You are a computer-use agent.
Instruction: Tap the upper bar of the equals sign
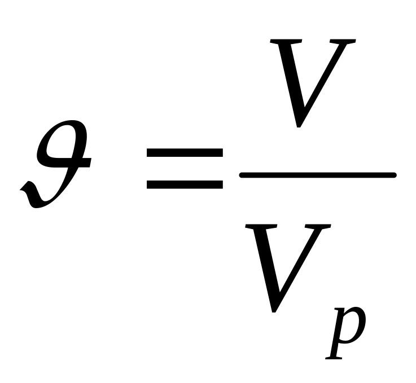185,153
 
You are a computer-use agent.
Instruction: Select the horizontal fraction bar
318,176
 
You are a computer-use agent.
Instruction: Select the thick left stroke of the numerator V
289,79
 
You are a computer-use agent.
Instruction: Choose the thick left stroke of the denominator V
265,265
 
